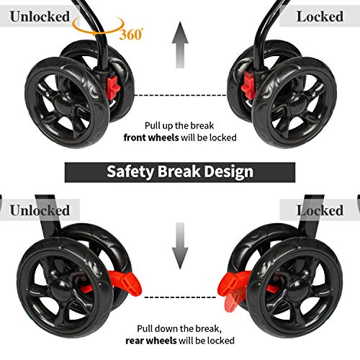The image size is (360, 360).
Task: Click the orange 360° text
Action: (x=131, y=35)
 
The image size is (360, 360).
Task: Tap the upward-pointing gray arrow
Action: (x=180, y=45)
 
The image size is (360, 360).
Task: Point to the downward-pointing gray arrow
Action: (x=180, y=246)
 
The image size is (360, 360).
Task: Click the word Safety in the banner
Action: (x=130, y=172)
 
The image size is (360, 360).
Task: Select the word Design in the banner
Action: (x=228, y=172)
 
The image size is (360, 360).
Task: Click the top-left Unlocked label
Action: (x=40, y=17)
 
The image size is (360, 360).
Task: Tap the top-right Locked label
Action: (x=320, y=17)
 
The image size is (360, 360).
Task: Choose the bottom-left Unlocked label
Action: (x=40, y=210)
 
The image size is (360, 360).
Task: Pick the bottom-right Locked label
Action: (x=320, y=210)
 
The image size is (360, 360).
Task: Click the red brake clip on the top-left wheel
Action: (x=113, y=88)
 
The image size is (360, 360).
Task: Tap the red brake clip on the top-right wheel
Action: (x=248, y=86)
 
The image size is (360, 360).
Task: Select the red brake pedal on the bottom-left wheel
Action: (x=125, y=283)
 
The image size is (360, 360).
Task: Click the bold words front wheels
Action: (x=151, y=138)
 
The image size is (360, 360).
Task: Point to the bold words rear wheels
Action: (x=151, y=341)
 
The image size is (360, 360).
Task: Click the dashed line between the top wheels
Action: (x=180, y=95)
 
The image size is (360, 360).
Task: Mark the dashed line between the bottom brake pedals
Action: (x=180, y=297)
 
